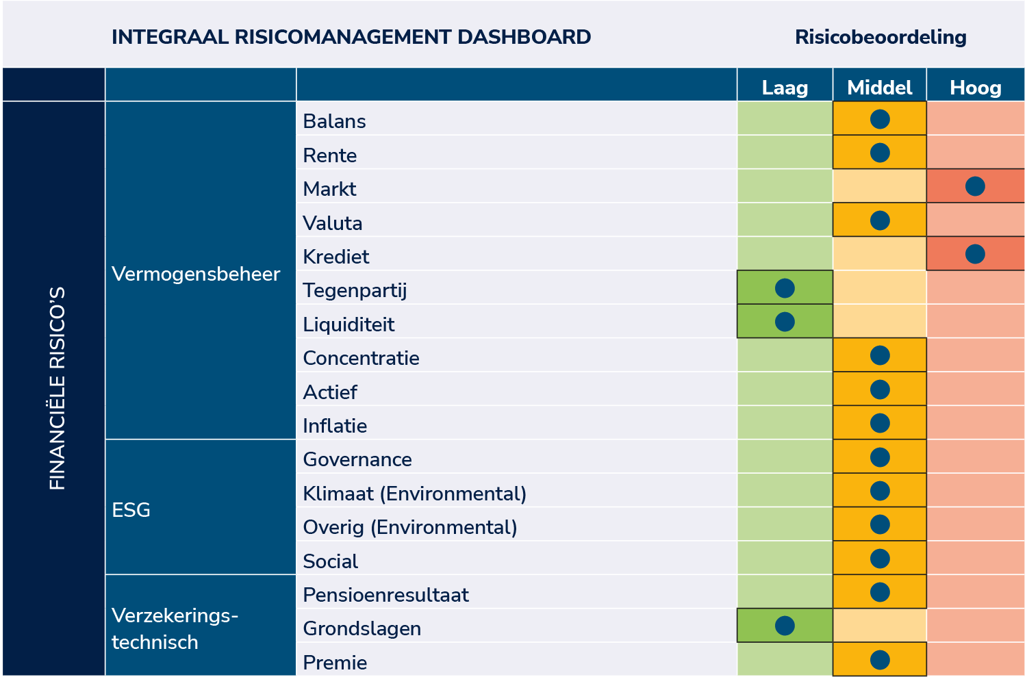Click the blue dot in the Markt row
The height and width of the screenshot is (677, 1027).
[975, 187]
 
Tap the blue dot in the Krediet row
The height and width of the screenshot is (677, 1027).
[975, 255]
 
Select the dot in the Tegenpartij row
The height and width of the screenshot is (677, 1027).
[785, 288]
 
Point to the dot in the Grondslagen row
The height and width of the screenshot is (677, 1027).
[785, 626]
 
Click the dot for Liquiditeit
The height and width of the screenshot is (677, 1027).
[785, 322]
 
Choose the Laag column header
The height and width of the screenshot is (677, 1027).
[785, 88]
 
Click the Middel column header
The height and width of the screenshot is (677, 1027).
[879, 88]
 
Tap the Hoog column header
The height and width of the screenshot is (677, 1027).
[975, 88]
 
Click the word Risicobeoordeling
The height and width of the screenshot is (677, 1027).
[880, 37]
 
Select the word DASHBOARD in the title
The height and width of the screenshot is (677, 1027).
[524, 37]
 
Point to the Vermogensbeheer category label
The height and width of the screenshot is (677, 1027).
[196, 274]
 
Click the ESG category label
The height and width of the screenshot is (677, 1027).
[131, 510]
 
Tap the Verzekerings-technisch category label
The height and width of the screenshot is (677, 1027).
[175, 628]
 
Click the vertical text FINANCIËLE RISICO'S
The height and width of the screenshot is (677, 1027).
[58, 388]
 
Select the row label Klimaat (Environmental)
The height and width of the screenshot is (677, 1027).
[414, 494]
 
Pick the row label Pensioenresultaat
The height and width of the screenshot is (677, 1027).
[385, 595]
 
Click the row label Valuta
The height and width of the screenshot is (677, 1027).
[332, 223]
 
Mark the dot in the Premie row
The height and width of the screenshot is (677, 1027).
[879, 660]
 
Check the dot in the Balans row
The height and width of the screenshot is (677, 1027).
[879, 119]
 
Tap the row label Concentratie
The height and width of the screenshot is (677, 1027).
[361, 358]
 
